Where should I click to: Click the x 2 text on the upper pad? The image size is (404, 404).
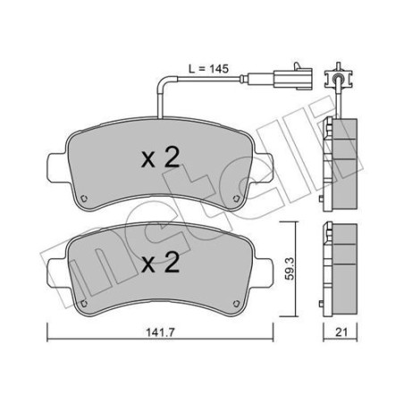click(163, 159)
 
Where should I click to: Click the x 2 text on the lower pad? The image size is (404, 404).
click(163, 263)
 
